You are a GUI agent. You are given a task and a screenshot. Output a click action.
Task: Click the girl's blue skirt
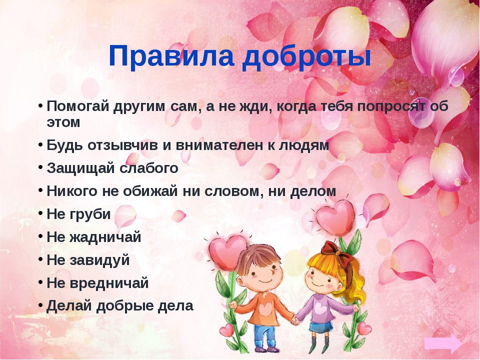[x=321, y=327]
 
